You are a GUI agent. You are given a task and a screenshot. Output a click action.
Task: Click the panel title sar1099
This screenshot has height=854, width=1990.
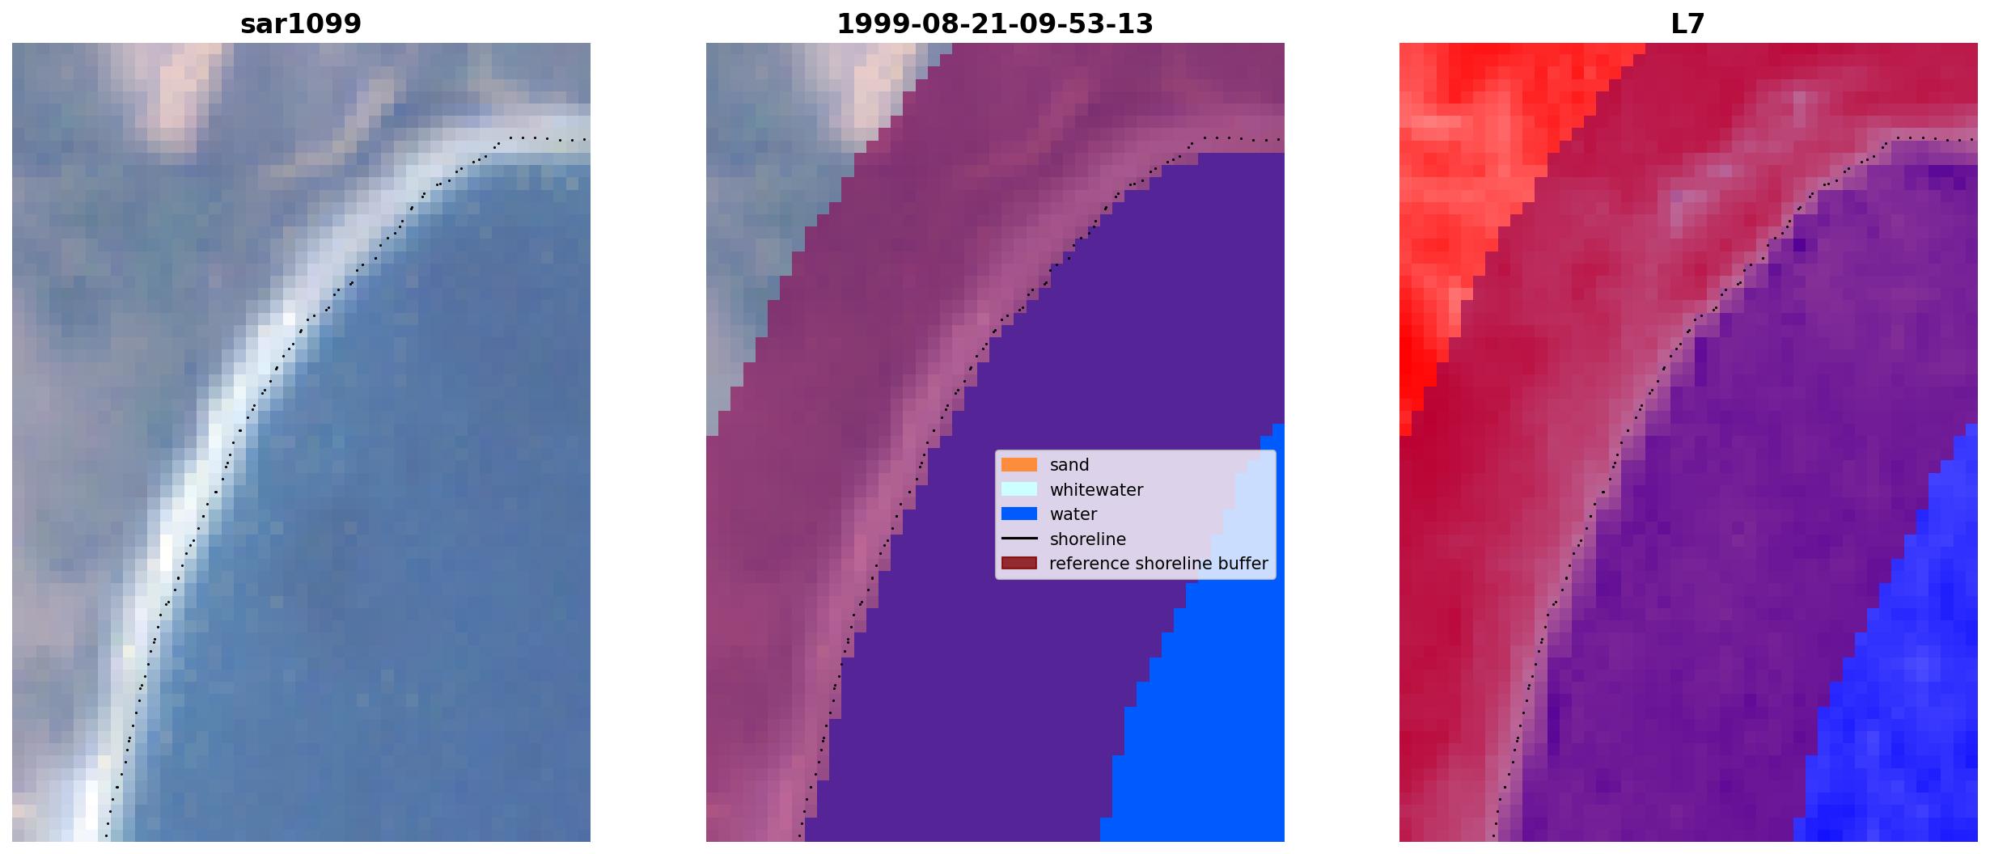click(301, 24)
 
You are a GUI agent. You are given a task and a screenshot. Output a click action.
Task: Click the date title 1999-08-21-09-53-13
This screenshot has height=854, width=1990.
click(995, 24)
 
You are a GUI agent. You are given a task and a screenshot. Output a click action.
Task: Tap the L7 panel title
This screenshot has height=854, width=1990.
click(1688, 24)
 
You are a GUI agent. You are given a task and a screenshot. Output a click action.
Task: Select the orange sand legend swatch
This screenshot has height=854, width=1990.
click(1019, 465)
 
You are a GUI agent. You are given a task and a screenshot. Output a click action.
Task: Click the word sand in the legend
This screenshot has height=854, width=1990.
click(1069, 465)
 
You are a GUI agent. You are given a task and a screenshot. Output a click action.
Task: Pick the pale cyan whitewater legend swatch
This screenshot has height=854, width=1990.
click(1019, 489)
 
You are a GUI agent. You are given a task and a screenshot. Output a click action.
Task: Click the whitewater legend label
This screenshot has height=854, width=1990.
click(1096, 490)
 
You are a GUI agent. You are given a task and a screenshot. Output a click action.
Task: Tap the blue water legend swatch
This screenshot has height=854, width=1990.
click(1019, 514)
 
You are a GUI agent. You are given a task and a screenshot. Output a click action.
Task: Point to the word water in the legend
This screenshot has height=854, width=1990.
click(1073, 514)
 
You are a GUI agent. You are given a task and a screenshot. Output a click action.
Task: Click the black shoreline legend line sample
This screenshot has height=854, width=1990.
click(1019, 539)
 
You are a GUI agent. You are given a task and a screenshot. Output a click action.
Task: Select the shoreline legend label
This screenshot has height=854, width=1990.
click(1088, 539)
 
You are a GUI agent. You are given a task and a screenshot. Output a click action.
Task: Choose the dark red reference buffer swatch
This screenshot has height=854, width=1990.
click(1019, 564)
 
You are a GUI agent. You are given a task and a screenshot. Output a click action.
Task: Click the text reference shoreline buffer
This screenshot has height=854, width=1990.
click(1158, 564)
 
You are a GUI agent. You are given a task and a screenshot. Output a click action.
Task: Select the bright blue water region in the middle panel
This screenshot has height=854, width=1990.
click(1205, 728)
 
